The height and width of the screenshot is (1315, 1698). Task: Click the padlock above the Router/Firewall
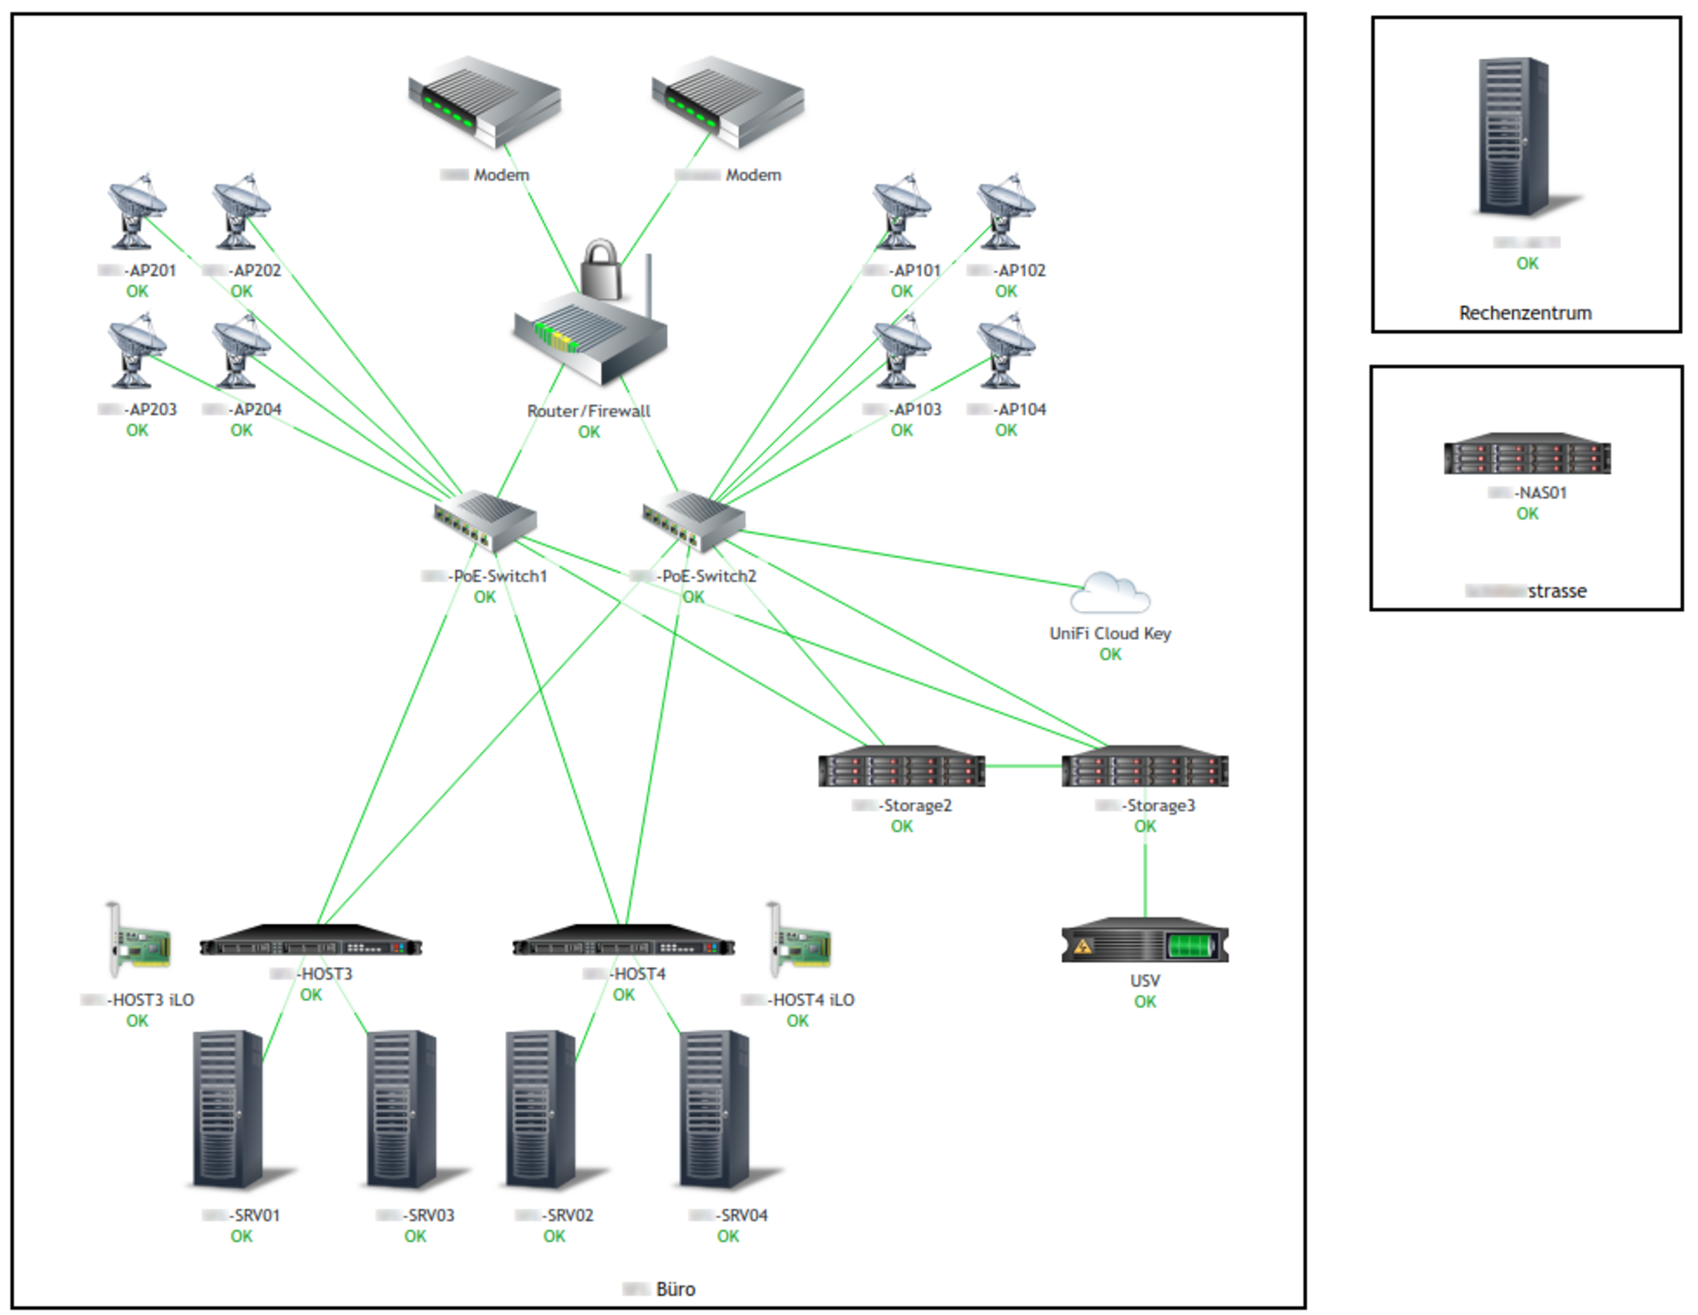[x=601, y=269]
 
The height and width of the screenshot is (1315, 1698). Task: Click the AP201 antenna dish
[x=136, y=211]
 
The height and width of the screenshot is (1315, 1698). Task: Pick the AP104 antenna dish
[x=1005, y=350]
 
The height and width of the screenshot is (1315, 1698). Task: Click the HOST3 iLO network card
[x=139, y=940]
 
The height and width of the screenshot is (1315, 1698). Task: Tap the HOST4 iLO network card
[x=799, y=940]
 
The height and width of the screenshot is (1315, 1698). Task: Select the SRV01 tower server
[x=228, y=1109]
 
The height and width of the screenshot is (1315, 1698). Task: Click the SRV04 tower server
[x=715, y=1109]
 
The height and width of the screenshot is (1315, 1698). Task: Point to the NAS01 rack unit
[x=1527, y=454]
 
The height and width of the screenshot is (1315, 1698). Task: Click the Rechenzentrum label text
[x=1525, y=313]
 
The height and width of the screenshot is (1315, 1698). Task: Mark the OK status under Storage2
[x=901, y=826]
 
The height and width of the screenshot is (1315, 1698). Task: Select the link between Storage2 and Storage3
[x=1023, y=766]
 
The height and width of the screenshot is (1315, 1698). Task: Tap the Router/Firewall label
[x=589, y=411]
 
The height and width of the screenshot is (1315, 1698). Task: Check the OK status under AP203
[x=137, y=430]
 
